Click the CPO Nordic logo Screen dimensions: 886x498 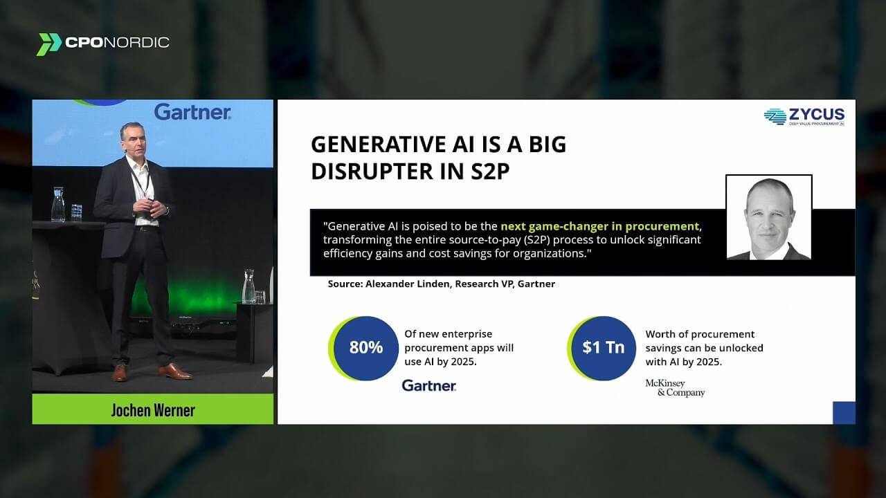pos(103,44)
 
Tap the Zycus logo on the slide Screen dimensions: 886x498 pos(804,117)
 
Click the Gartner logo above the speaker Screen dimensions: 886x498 pos(192,112)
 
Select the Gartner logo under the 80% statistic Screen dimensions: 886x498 pos(429,385)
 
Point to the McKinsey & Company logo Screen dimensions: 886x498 pos(675,388)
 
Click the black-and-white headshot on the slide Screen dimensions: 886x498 pos(769,218)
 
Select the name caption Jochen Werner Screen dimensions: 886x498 pos(153,410)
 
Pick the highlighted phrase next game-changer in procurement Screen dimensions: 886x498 pos(599,226)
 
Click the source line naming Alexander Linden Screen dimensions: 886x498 pos(442,284)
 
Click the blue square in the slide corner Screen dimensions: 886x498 pos(844,413)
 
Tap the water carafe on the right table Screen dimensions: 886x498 pos(248,286)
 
